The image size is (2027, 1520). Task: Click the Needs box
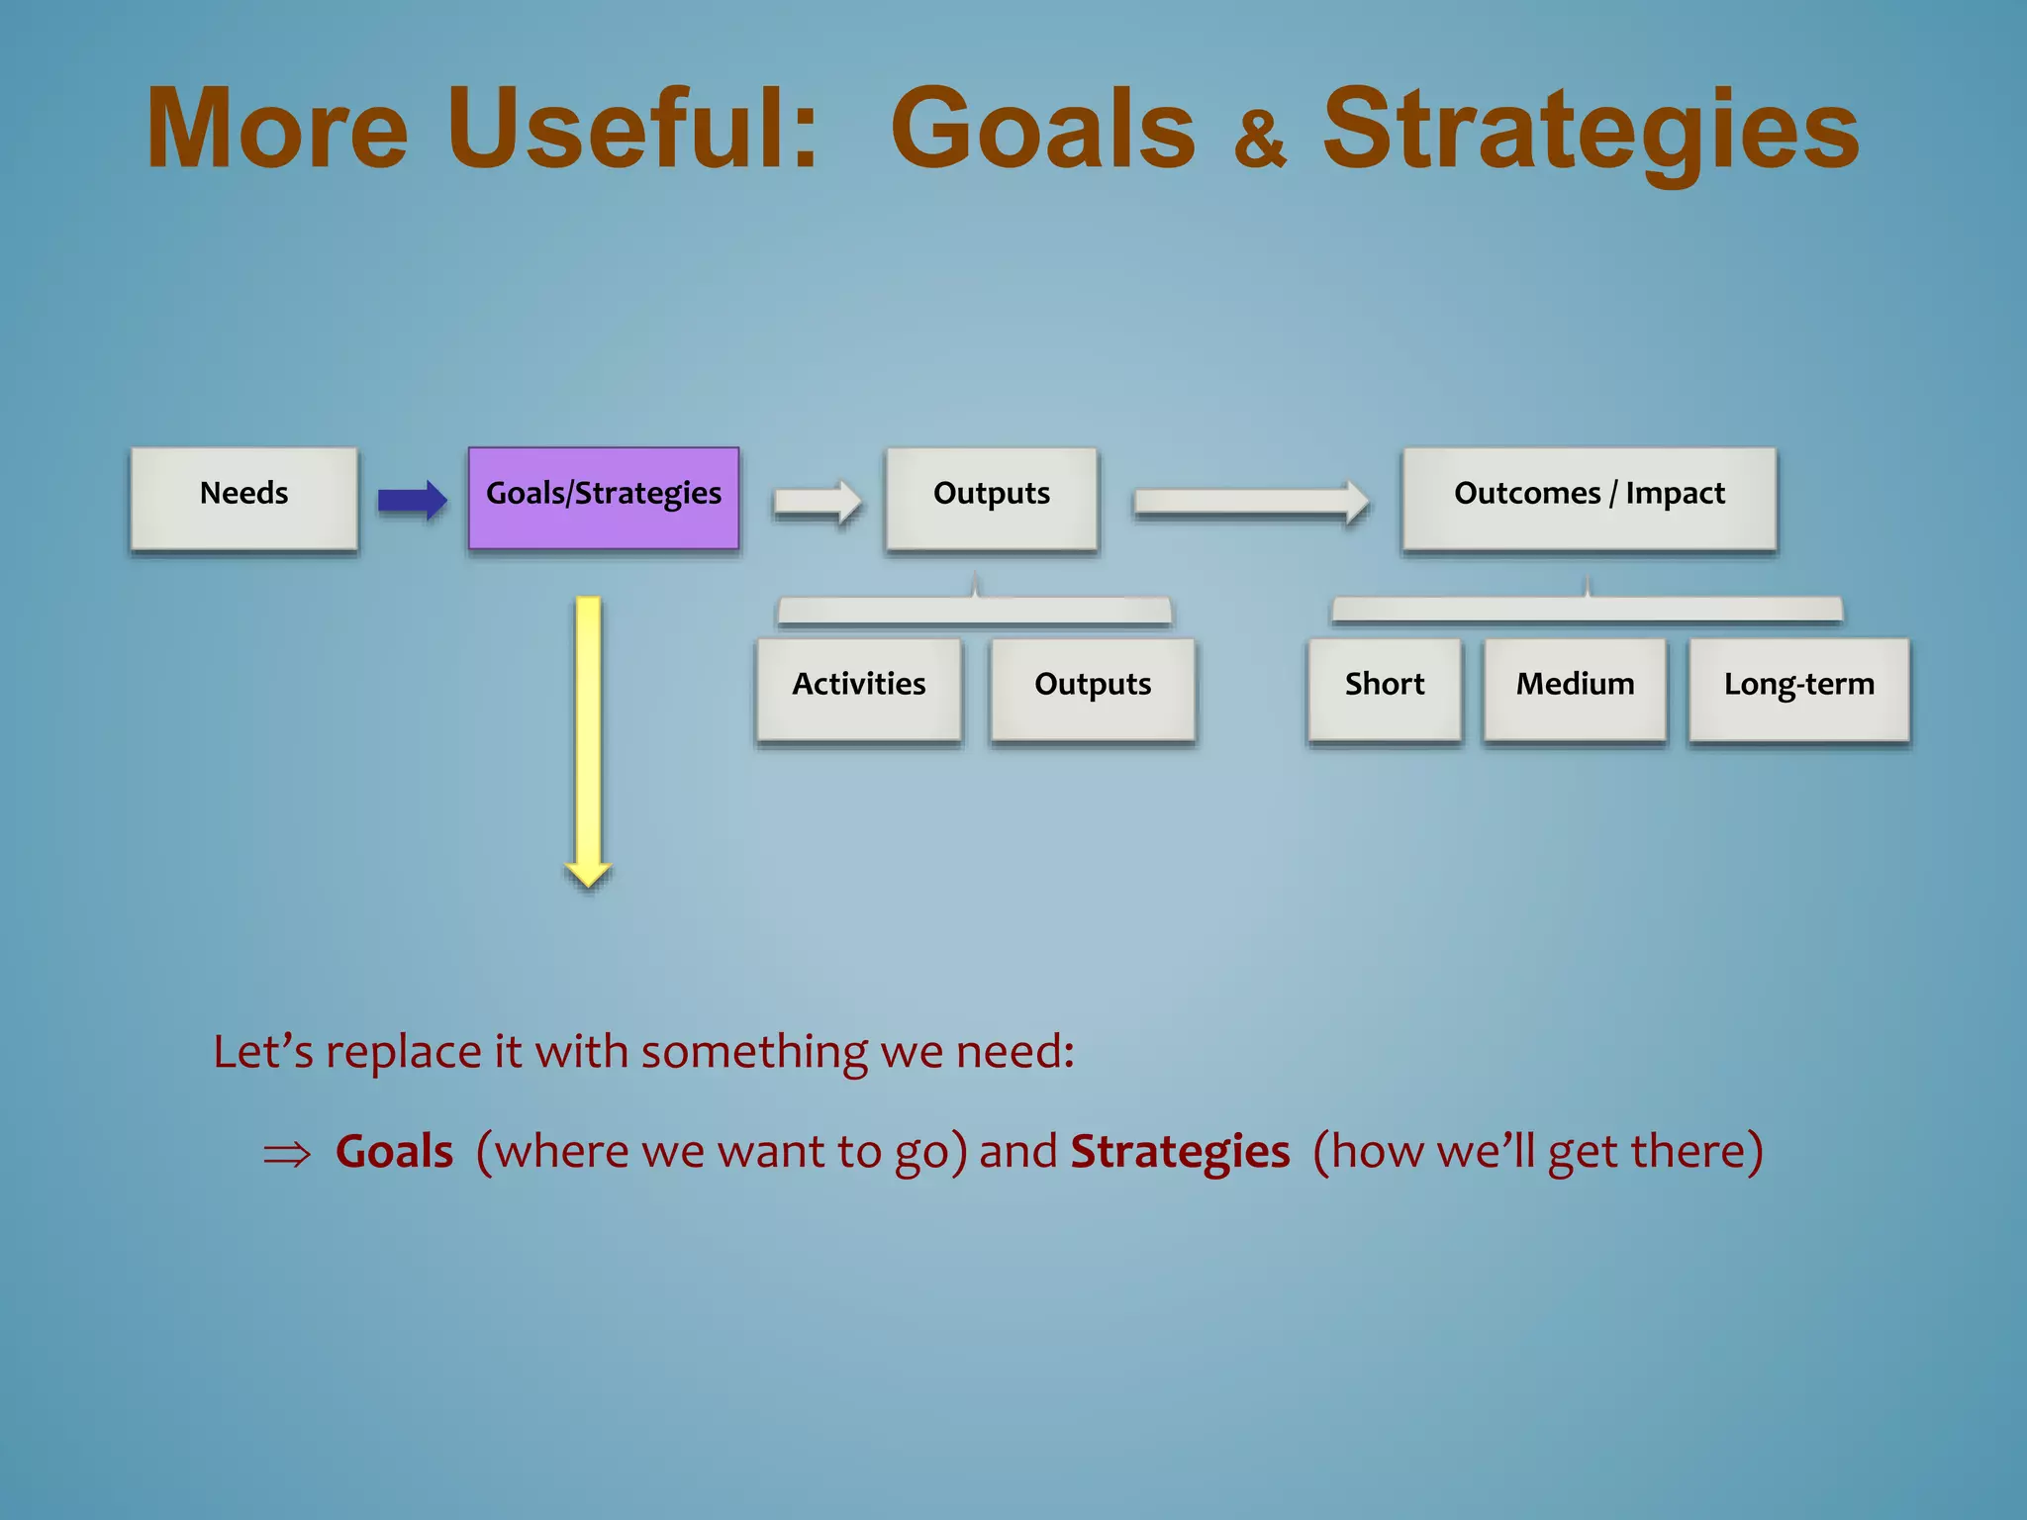click(243, 498)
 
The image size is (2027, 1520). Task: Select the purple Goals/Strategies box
click(604, 498)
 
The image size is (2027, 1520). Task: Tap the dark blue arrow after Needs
click(412, 500)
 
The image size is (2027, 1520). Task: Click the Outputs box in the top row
click(992, 498)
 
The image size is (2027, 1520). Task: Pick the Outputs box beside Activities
click(1093, 688)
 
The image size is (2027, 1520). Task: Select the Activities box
click(858, 688)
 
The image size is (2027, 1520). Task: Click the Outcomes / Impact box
click(1589, 498)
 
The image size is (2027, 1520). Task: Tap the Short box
click(1384, 688)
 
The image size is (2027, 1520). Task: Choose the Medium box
click(1575, 688)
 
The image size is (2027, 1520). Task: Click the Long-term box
click(1798, 688)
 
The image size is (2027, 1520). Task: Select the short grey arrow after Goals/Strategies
click(817, 502)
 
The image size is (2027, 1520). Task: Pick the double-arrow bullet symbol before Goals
click(287, 1155)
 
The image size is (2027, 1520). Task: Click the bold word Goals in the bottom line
click(394, 1152)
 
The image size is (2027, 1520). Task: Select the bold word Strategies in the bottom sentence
click(1180, 1152)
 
